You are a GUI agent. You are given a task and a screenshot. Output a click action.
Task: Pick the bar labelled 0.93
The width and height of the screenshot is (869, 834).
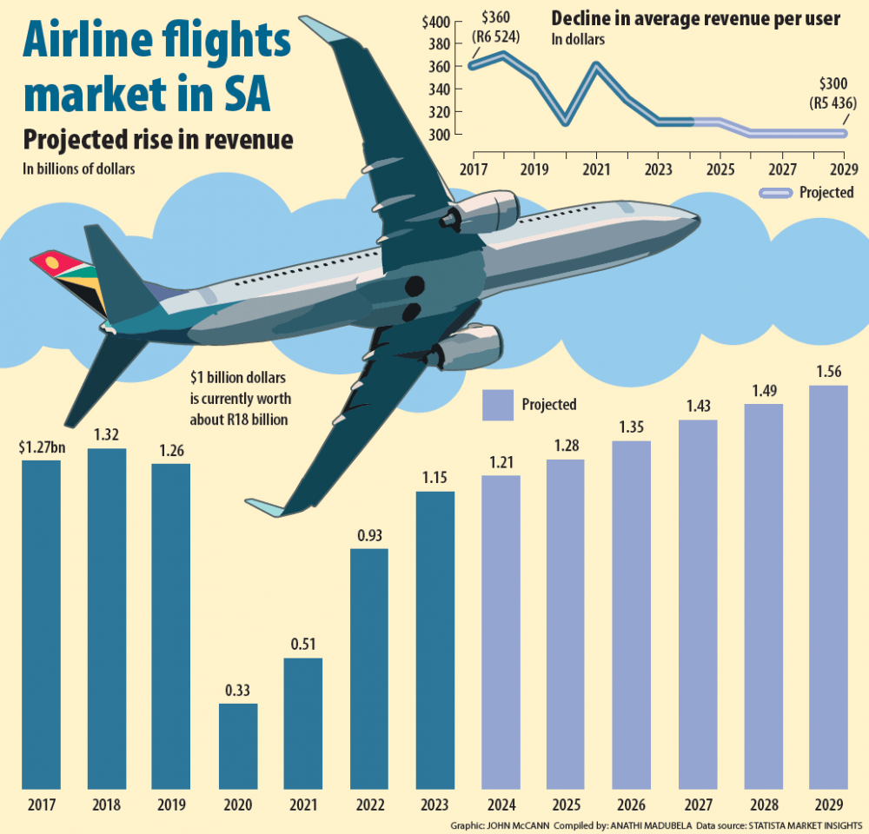(369, 669)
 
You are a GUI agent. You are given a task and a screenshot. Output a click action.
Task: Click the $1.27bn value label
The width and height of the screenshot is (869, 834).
(41, 447)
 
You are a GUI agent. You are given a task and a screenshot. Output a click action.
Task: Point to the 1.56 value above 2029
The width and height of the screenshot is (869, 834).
(828, 373)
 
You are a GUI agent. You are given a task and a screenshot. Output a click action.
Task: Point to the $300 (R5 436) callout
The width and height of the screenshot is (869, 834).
(831, 94)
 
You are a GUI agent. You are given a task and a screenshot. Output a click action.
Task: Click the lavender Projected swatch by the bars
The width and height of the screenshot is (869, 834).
(497, 404)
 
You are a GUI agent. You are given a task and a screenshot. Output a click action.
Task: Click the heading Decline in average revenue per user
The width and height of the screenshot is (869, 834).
(695, 19)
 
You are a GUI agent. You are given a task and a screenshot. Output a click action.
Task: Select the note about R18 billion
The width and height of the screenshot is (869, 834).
(240, 399)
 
